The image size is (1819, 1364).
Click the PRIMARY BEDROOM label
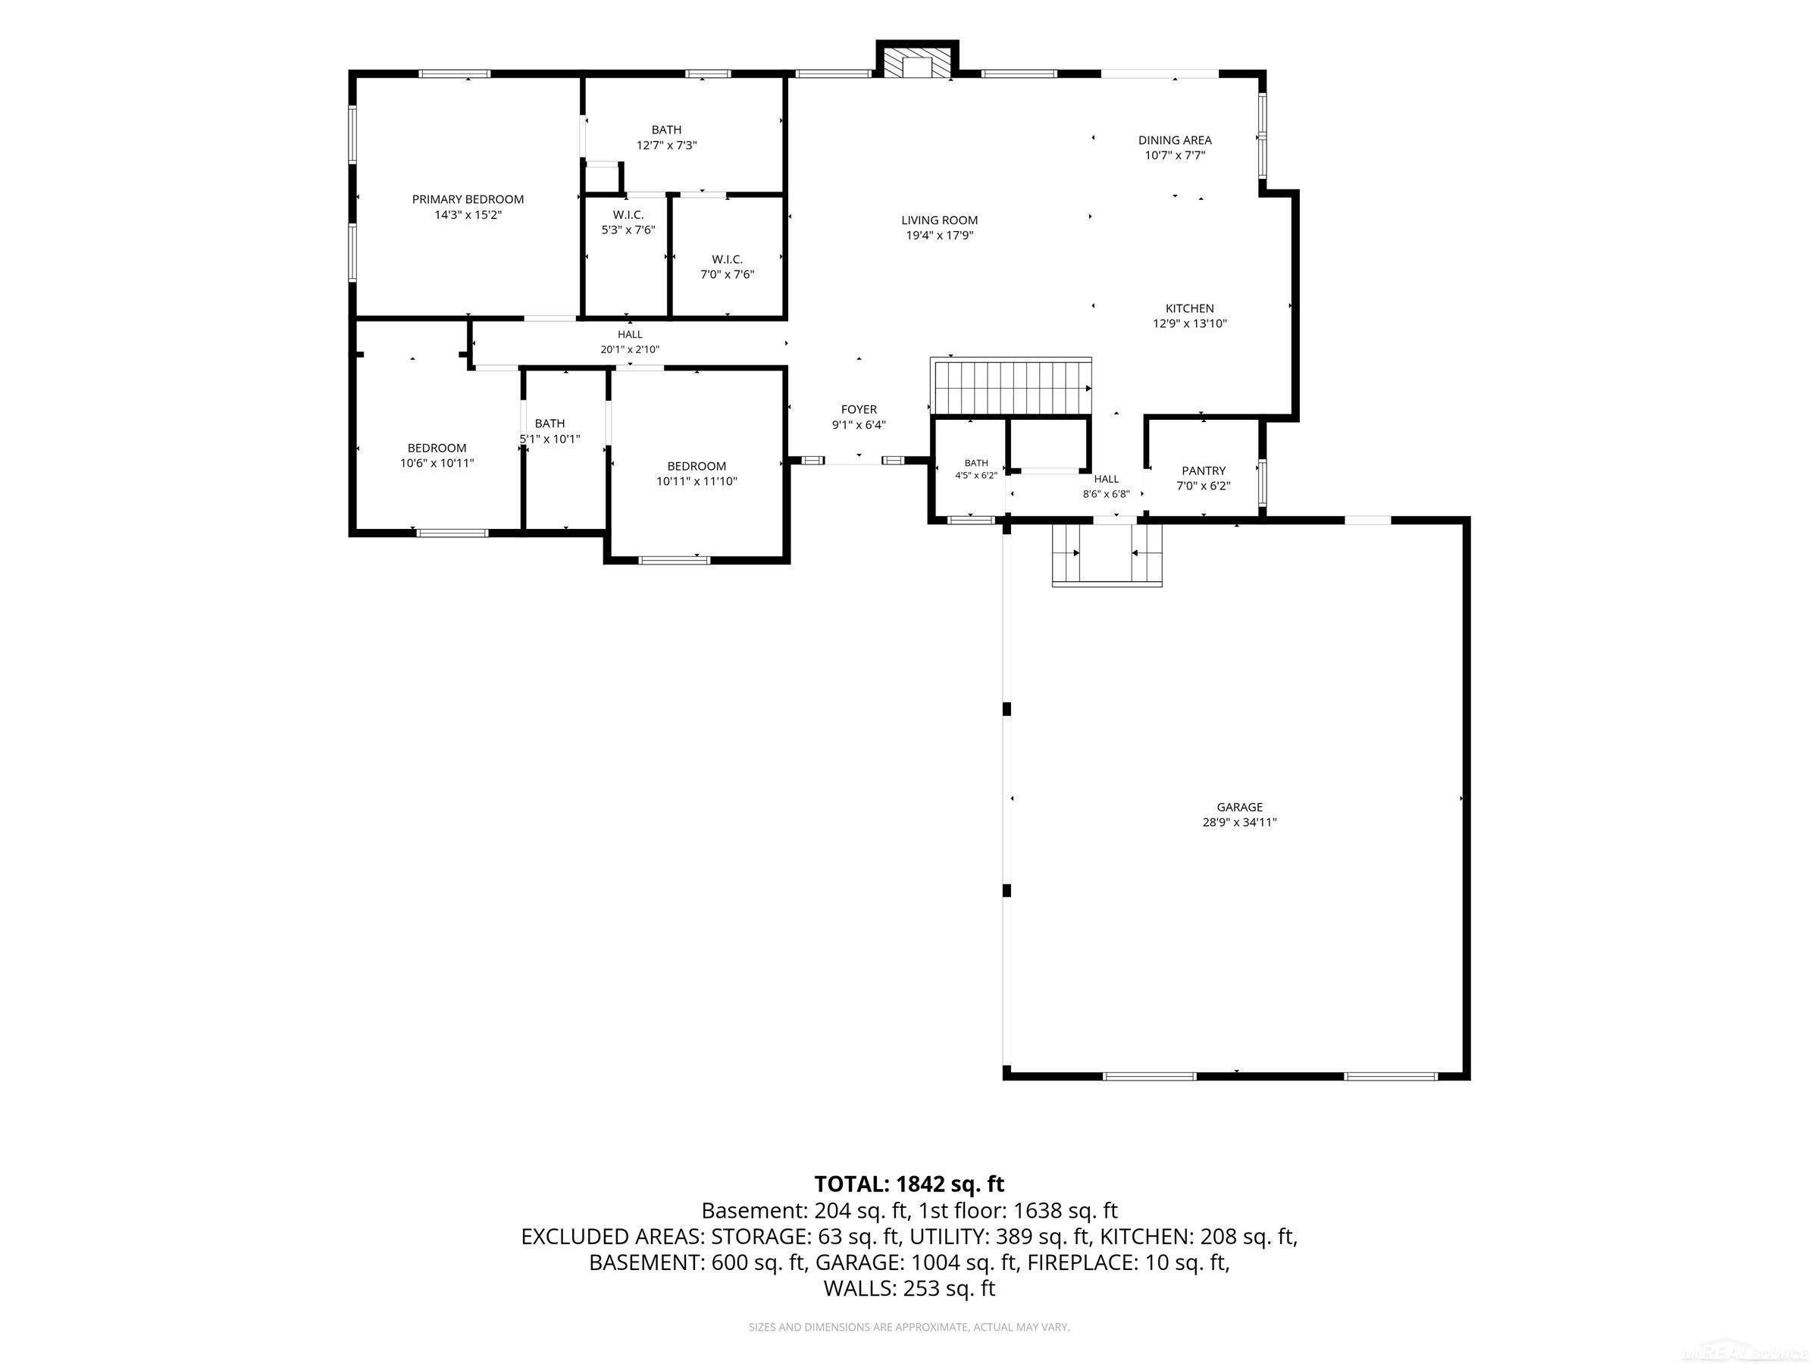pos(467,199)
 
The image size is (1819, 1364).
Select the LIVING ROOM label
pos(939,220)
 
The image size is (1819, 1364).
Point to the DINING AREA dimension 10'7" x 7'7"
pos(1175,155)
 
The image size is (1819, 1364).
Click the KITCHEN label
pos(1189,308)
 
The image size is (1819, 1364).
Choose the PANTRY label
pos(1203,471)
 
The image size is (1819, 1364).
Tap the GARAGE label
pos(1239,806)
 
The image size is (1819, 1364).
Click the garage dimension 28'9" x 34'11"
pos(1239,821)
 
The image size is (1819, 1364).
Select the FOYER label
pos(859,409)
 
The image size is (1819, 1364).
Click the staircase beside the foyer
pos(1010,386)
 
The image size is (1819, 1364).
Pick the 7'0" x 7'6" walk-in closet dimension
pos(727,274)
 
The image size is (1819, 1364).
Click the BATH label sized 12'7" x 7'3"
pos(666,130)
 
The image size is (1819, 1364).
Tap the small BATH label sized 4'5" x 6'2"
pos(976,463)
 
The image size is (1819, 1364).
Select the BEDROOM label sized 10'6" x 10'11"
pos(437,448)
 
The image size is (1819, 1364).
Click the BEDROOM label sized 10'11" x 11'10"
pos(697,466)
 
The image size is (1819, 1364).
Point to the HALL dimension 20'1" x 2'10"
pos(630,349)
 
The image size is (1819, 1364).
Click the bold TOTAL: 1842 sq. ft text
pos(909,1184)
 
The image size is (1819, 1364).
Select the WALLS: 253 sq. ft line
pos(909,1288)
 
